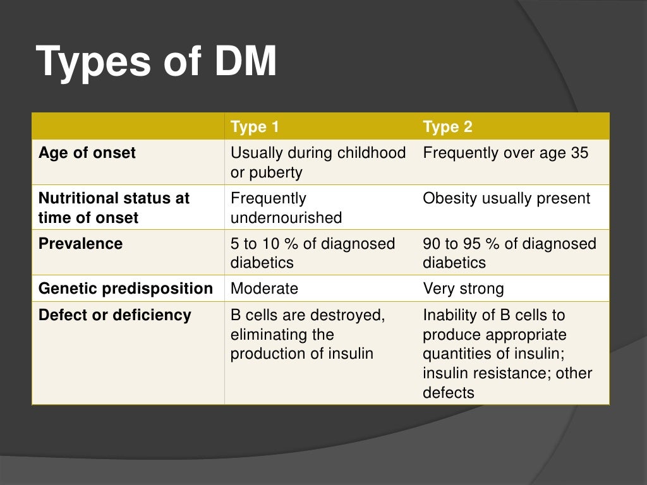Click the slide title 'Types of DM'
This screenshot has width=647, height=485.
point(157,62)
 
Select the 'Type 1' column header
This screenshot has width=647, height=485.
point(255,127)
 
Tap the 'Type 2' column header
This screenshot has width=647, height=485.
point(447,127)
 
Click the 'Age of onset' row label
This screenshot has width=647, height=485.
point(87,153)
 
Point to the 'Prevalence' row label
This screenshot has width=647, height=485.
point(81,243)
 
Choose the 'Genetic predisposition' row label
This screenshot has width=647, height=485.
point(126,289)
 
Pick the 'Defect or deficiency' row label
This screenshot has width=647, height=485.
point(114,314)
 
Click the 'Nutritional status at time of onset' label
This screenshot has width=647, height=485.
point(114,208)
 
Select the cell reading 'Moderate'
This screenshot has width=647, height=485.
point(264,289)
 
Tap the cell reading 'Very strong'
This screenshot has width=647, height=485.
point(463,289)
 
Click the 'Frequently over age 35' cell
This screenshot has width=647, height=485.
point(505,153)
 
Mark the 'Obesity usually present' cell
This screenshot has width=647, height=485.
point(506,198)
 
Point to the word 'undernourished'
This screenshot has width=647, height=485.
point(286,218)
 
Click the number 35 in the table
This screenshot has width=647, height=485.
point(579,153)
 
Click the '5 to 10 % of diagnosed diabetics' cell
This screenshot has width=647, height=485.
point(312,253)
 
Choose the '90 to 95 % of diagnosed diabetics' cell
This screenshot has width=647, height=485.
point(509,253)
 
